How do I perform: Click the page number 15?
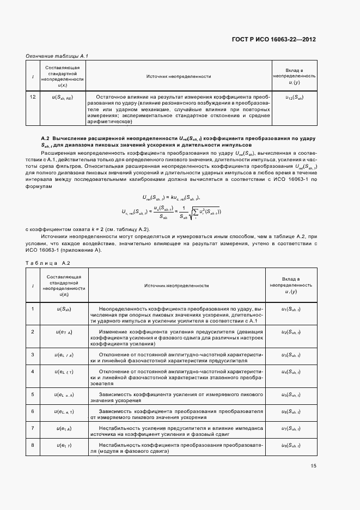coord(314,465)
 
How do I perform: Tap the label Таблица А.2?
coord(48,263)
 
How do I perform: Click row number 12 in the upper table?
coord(33,97)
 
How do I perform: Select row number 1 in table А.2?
coord(33,309)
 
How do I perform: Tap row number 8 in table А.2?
coord(33,446)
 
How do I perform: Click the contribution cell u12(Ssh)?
coord(294,97)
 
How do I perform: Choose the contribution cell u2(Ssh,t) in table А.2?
coord(291,332)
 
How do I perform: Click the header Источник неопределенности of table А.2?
coord(176,286)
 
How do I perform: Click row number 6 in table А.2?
coord(33,411)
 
